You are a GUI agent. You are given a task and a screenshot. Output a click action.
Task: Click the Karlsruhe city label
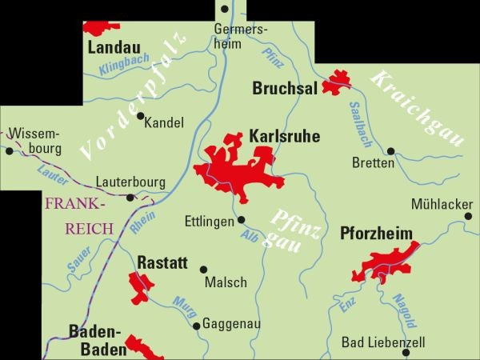coord(284,137)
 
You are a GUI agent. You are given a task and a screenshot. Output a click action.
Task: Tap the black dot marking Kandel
coord(141,116)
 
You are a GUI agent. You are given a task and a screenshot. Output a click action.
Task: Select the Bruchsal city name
coord(284,89)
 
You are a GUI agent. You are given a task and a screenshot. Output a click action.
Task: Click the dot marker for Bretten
coord(390,150)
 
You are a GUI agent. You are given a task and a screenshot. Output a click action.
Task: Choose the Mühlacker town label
coord(442,204)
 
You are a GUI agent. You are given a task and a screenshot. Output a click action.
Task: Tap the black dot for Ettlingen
coord(241,219)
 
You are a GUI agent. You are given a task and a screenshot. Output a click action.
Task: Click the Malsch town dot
coord(203,270)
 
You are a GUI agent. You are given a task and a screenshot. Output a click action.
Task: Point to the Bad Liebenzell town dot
coord(407,352)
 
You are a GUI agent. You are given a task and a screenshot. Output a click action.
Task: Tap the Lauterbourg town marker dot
coord(131,197)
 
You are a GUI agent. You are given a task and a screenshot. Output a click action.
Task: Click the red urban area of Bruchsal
coord(336,84)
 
